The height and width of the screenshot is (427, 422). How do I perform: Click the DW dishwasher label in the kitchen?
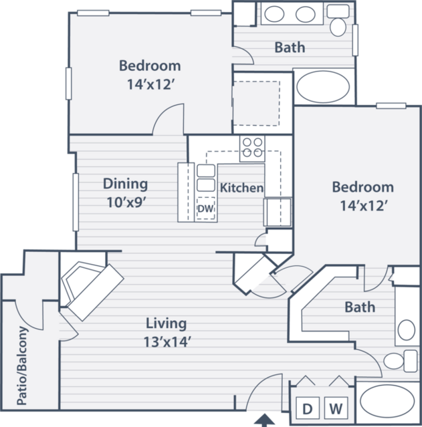(205, 209)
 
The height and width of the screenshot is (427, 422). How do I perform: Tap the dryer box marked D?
(308, 408)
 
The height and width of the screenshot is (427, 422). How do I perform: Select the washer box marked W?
(336, 408)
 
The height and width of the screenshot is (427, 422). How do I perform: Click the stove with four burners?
(252, 148)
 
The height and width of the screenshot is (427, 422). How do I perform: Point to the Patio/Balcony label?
(22, 366)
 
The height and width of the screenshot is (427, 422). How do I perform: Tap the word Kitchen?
(241, 188)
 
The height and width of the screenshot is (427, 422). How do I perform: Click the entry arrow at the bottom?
(264, 420)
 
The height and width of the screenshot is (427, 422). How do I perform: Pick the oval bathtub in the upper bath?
(323, 87)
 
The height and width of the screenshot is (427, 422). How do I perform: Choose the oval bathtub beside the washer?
(387, 400)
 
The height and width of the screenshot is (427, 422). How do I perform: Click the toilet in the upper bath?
(338, 20)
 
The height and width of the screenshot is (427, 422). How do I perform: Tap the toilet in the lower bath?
(401, 361)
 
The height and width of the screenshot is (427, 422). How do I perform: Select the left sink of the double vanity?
(274, 14)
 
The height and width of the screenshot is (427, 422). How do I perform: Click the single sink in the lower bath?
(406, 330)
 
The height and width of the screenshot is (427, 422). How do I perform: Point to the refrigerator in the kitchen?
(278, 212)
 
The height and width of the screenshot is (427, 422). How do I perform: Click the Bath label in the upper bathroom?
(290, 47)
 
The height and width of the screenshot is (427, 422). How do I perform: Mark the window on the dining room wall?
(76, 202)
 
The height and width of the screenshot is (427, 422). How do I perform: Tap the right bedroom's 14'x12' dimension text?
(363, 206)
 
